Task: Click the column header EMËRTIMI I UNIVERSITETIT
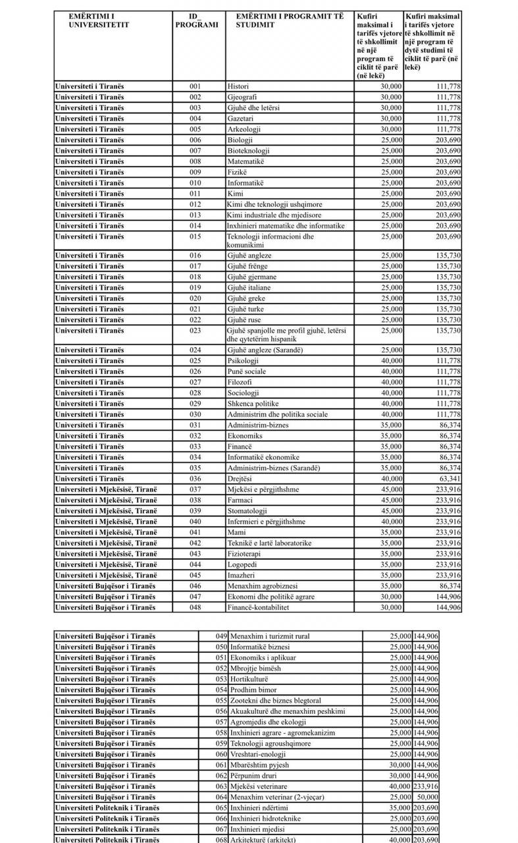coord(99,20)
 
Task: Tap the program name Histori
coord(238,86)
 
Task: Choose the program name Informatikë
coord(245,182)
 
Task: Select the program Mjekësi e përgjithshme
coord(263,489)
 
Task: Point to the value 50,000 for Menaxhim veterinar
coord(426,797)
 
